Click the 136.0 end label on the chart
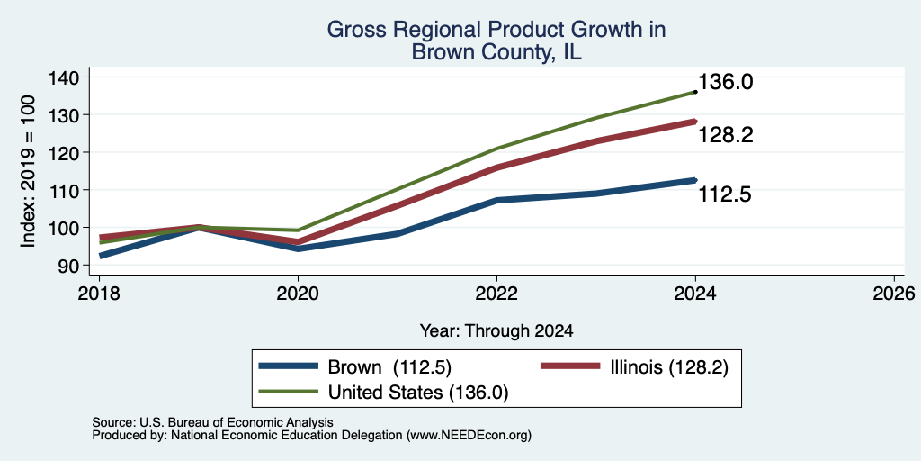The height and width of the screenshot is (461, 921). tap(725, 82)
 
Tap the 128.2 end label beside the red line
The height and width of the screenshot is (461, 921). tap(725, 136)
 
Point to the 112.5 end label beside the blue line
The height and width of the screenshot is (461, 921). tap(725, 194)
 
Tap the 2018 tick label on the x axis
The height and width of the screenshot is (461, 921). tap(99, 293)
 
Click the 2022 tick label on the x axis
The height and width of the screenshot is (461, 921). tap(496, 293)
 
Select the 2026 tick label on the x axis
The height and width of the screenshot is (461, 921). tap(894, 293)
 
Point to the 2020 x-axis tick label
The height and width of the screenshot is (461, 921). tap(298, 293)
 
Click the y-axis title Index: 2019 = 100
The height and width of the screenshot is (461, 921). tap(28, 171)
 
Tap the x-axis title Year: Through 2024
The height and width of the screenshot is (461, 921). tap(496, 331)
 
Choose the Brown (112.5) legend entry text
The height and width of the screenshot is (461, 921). tap(389, 367)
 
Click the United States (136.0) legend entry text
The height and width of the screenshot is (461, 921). tap(417, 393)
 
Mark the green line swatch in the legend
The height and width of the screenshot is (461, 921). tap(289, 392)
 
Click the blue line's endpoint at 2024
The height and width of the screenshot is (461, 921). tap(695, 180)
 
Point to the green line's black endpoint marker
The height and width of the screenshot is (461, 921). tap(695, 92)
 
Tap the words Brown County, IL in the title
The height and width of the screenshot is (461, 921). tap(496, 51)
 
